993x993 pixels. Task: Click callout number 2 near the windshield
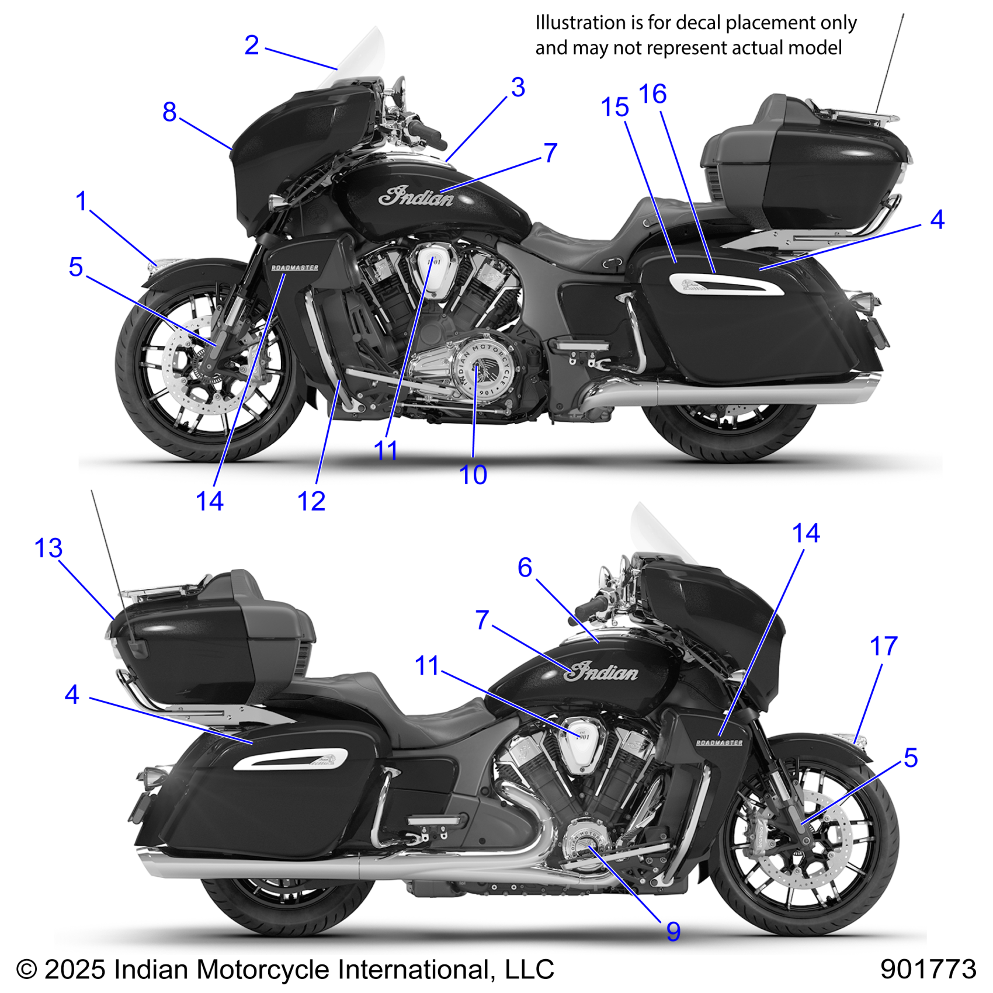pyautogui.click(x=252, y=46)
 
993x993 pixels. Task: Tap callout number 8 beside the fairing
pyautogui.click(x=169, y=112)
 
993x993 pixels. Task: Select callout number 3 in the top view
pyautogui.click(x=518, y=88)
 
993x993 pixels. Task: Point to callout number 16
pyautogui.click(x=652, y=94)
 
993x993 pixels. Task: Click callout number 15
pyautogui.click(x=614, y=107)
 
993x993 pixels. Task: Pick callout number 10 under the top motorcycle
pyautogui.click(x=473, y=475)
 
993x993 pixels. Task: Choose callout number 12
pyautogui.click(x=311, y=501)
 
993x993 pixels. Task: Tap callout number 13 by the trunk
pyautogui.click(x=48, y=548)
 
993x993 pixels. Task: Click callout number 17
pyautogui.click(x=883, y=646)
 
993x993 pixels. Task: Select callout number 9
pyautogui.click(x=673, y=932)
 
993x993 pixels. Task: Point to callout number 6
pyautogui.click(x=525, y=567)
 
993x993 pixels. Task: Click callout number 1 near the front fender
pyautogui.click(x=81, y=202)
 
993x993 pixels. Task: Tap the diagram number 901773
pyautogui.click(x=928, y=969)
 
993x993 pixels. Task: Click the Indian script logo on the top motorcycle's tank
pyautogui.click(x=416, y=197)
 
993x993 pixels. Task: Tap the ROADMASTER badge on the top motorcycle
pyautogui.click(x=294, y=268)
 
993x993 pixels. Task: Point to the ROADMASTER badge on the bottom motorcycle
pyautogui.click(x=719, y=742)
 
